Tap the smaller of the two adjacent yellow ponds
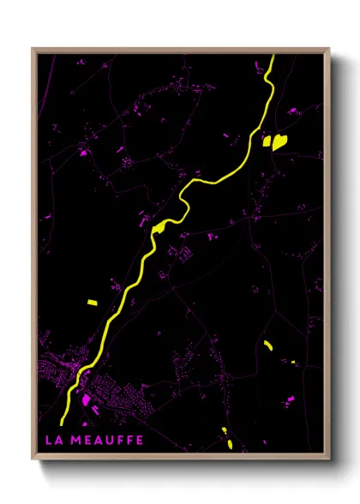[x=267, y=140]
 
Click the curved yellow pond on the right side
[x=268, y=345]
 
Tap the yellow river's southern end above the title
[x=63, y=420]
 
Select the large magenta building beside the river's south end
[x=86, y=399]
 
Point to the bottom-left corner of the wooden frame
[x=33, y=461]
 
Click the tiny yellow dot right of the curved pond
[x=293, y=362]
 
